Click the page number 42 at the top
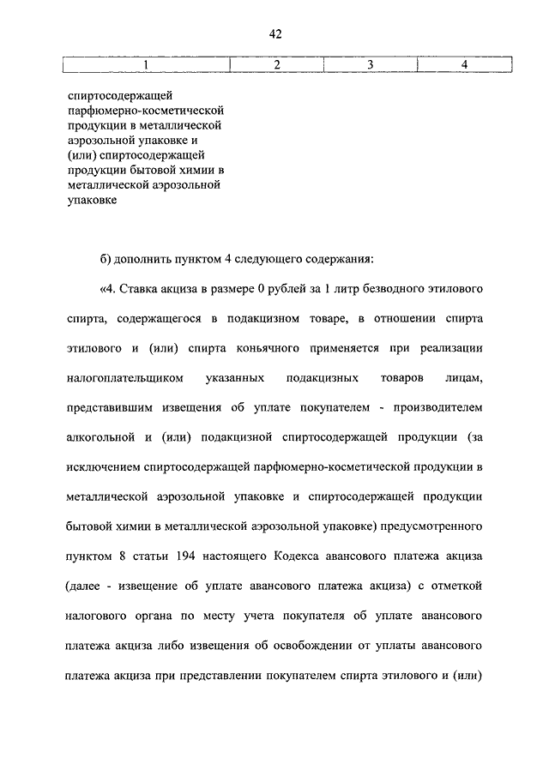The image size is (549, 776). (274, 34)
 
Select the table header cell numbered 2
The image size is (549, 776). (276, 65)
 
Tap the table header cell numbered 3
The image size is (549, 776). (369, 65)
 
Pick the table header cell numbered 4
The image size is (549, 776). (464, 65)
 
